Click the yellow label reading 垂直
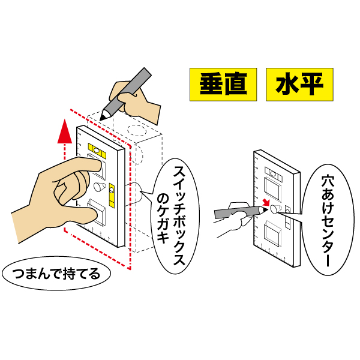pyautogui.click(x=223, y=84)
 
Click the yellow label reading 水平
pyautogui.click(x=299, y=84)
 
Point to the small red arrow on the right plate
pyautogui.click(x=265, y=203)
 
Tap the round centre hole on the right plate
pyautogui.click(x=274, y=209)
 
